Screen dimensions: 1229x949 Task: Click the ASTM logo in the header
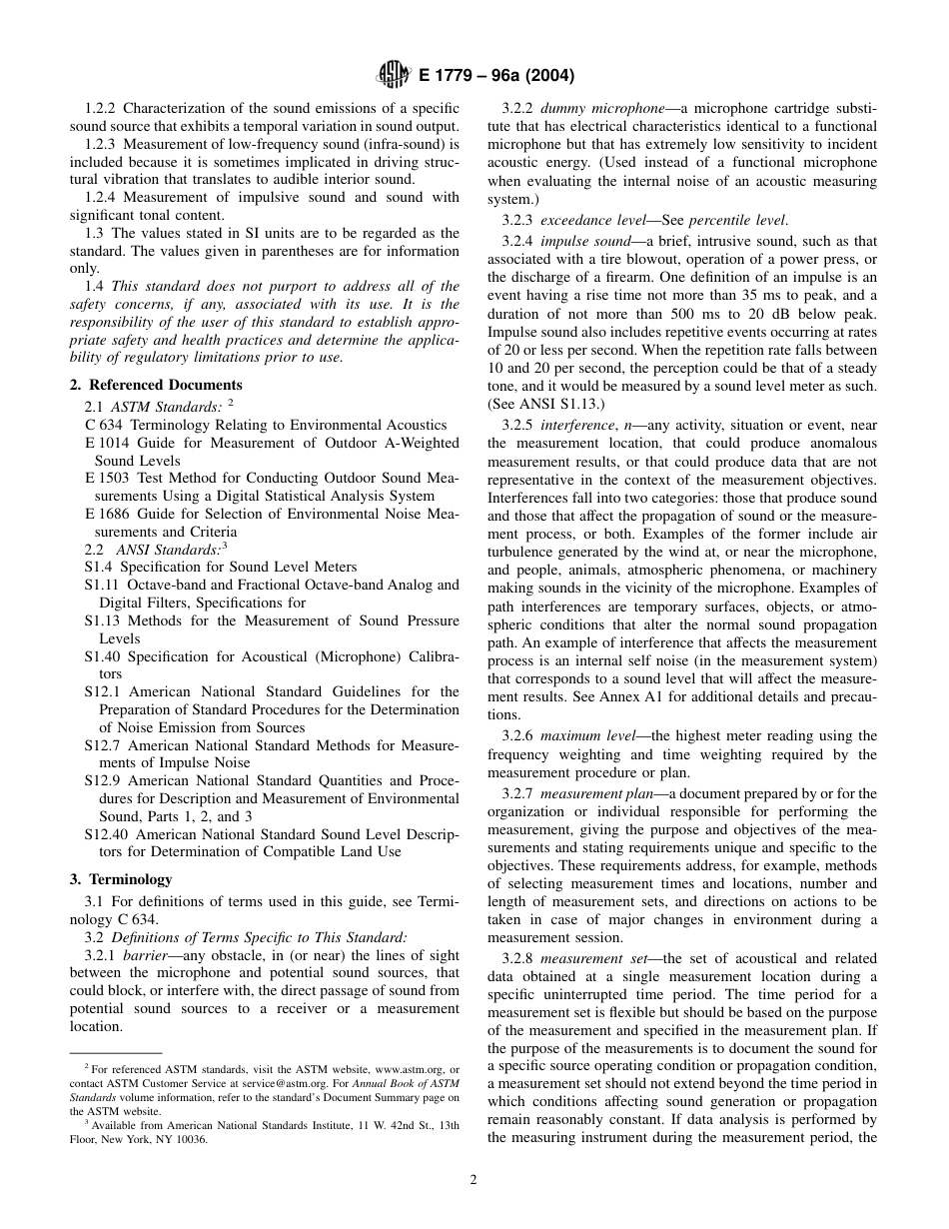pos(388,75)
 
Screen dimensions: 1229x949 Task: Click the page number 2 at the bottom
pos(474,1179)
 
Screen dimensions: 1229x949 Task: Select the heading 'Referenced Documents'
pos(165,385)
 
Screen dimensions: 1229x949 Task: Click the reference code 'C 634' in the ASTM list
pos(104,425)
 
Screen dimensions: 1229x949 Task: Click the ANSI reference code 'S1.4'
pos(98,567)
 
